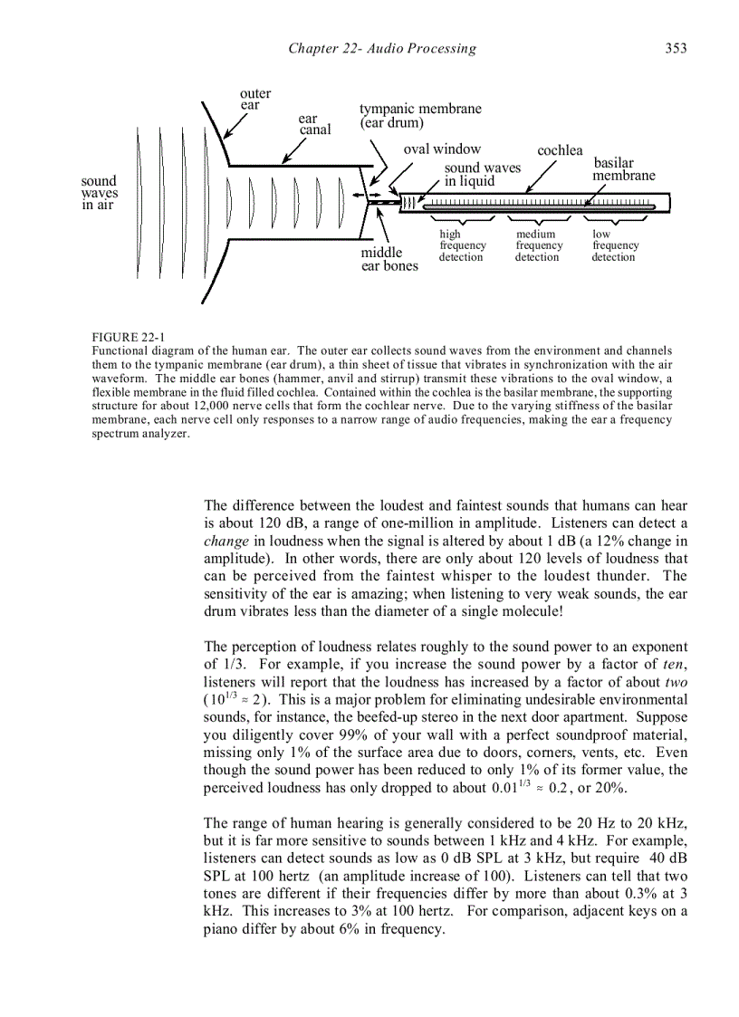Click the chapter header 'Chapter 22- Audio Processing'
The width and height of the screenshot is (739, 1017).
381,49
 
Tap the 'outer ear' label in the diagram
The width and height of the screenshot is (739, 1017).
254,99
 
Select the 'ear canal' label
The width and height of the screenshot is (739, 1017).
313,124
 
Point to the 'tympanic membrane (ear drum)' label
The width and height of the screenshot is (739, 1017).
420,115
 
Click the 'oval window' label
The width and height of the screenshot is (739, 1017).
442,149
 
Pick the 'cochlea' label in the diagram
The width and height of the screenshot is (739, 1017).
560,150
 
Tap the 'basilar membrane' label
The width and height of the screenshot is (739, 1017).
623,169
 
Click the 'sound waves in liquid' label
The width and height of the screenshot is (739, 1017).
482,174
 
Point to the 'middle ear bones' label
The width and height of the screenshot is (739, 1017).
389,260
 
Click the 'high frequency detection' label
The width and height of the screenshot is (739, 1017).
462,245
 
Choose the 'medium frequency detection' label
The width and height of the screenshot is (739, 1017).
539,245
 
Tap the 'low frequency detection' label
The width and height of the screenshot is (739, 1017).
615,245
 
